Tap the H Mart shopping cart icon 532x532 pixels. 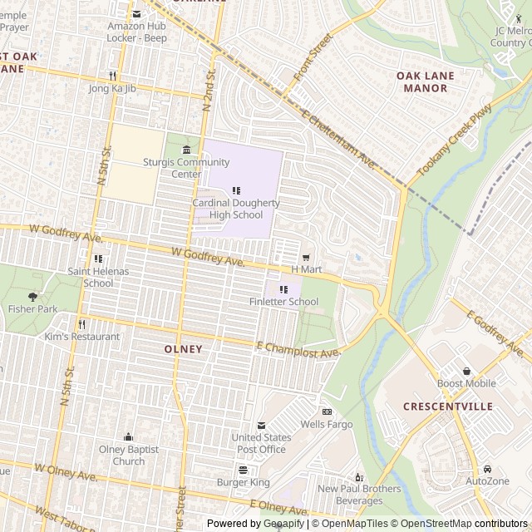click(306, 258)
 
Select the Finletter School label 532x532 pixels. click(284, 302)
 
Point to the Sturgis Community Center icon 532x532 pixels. click(186, 150)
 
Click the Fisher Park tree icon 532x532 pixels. click(33, 296)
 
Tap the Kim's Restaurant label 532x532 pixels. click(82, 337)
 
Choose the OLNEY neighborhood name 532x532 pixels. click(183, 349)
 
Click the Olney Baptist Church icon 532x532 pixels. click(128, 437)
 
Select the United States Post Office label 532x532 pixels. click(261, 443)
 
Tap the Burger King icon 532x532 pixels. click(243, 470)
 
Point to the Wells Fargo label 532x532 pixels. click(327, 424)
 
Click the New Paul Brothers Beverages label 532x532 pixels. click(360, 495)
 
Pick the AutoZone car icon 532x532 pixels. click(487, 469)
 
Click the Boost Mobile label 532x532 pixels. click(466, 383)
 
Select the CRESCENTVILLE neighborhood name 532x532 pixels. click(448, 406)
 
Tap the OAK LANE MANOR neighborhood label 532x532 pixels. click(425, 81)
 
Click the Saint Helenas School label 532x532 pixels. click(98, 277)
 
